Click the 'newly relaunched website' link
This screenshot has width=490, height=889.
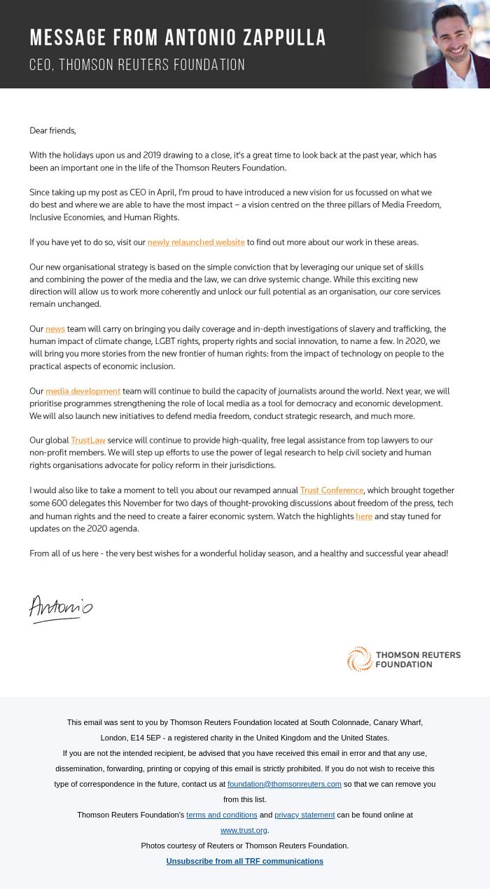coord(196,242)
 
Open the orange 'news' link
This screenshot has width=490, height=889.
coord(55,329)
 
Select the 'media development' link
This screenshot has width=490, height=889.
coord(83,391)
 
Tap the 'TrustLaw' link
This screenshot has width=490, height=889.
coord(88,440)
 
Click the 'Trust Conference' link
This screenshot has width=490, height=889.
coord(332,490)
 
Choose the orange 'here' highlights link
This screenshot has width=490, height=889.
coord(364,516)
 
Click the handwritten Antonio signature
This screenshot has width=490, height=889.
coord(61,608)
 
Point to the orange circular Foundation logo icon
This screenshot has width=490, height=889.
coord(360,659)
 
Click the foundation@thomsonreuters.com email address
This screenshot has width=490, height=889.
coord(284,784)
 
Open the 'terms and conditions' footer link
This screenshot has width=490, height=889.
coord(222,815)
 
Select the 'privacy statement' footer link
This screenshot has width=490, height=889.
coord(304,815)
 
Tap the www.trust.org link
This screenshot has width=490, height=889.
coord(244,830)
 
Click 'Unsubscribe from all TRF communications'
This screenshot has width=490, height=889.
coord(244,861)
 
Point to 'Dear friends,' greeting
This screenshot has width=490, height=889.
coord(52,130)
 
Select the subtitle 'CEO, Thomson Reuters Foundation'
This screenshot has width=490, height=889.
coord(137,65)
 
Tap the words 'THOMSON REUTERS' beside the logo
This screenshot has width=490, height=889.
coord(418,655)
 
